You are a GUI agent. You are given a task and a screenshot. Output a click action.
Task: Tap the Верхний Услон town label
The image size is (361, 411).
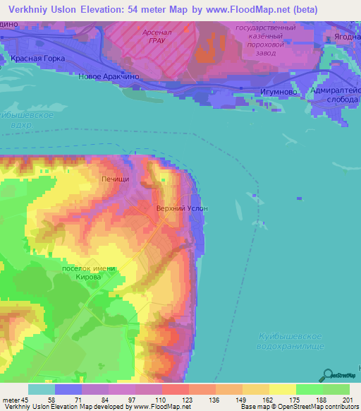coord(182,209)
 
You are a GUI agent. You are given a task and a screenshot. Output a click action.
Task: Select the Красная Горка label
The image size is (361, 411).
coord(38,58)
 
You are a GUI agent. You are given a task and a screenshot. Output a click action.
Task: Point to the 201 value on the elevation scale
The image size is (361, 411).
coord(346,400)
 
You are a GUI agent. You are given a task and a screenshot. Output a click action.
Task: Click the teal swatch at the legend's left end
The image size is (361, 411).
coord(42,389)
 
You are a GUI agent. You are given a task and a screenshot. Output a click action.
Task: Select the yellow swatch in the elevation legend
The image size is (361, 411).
coord(282,389)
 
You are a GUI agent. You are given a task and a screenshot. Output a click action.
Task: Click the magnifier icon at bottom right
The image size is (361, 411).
coord(327,376)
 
